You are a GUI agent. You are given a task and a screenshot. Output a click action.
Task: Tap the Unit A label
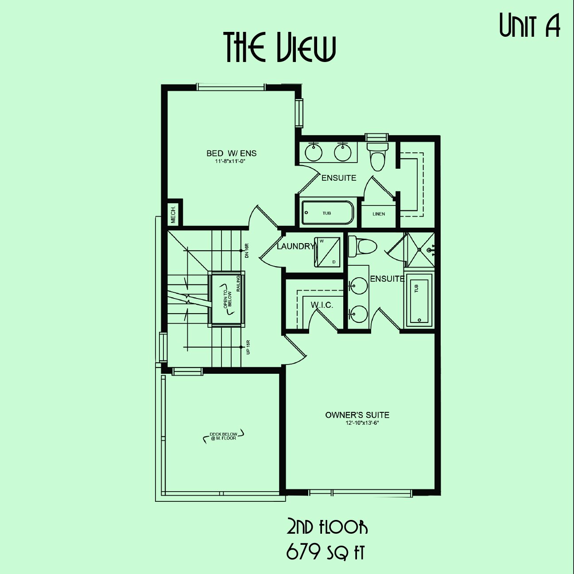point(530,26)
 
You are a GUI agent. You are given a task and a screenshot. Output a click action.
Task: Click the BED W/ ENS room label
point(232,153)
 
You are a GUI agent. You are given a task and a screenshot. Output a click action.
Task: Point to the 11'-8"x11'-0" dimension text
point(232,161)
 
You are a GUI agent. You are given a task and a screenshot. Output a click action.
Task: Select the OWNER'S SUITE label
point(357,415)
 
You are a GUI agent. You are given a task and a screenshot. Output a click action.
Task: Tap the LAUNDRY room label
point(296,246)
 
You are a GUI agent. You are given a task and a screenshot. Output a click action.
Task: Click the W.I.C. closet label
point(322,305)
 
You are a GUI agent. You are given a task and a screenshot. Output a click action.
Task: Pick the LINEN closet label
point(379,214)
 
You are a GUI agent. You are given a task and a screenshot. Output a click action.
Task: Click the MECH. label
point(173,214)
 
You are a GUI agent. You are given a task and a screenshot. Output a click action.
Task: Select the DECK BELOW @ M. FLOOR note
point(223,436)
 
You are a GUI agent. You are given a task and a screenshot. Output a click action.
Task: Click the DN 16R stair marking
point(246,251)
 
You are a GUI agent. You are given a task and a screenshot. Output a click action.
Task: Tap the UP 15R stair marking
point(248,347)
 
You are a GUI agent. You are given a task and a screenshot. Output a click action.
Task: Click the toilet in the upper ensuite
point(377,156)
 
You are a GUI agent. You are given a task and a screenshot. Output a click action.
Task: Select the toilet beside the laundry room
point(362,247)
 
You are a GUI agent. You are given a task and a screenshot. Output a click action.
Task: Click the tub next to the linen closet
point(327,213)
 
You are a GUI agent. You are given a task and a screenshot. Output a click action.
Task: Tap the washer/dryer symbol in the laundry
point(327,252)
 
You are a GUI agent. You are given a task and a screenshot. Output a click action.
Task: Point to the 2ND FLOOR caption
point(327,527)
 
